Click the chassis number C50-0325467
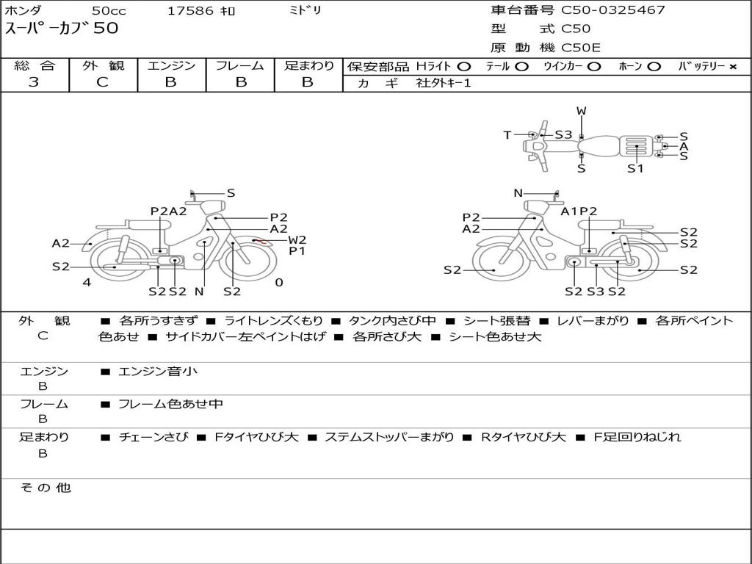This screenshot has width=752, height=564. click(613, 10)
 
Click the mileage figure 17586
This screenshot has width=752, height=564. click(190, 11)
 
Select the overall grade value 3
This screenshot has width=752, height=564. click(34, 82)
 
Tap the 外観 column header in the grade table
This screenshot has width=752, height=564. click(103, 65)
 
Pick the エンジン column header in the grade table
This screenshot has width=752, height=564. click(171, 65)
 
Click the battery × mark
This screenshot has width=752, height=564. click(733, 67)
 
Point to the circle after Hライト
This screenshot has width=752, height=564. click(464, 67)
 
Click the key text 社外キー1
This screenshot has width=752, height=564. click(444, 83)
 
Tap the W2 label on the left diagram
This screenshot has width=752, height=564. click(297, 240)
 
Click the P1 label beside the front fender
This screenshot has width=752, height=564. click(297, 251)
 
